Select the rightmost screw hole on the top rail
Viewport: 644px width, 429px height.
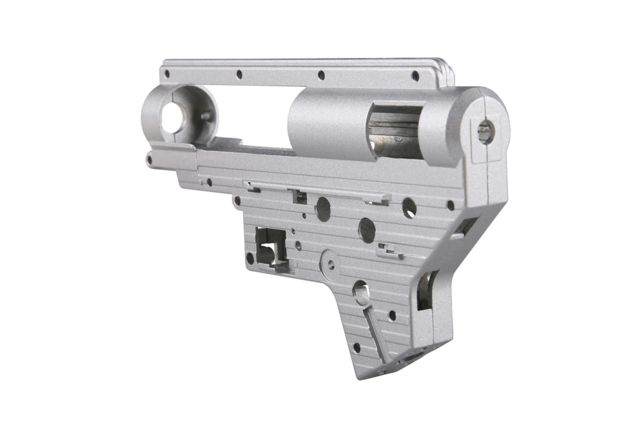click(415, 76)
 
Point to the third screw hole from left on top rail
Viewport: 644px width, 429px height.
click(321, 75)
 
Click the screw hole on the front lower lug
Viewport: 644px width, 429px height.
click(150, 158)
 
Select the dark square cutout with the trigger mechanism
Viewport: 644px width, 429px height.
click(269, 249)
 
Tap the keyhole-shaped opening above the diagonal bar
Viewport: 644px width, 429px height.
click(360, 291)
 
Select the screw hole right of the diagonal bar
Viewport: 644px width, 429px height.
click(391, 316)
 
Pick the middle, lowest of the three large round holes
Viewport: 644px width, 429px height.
click(367, 229)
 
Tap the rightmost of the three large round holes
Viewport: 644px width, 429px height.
click(409, 207)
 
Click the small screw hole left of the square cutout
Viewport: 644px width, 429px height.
click(250, 258)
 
